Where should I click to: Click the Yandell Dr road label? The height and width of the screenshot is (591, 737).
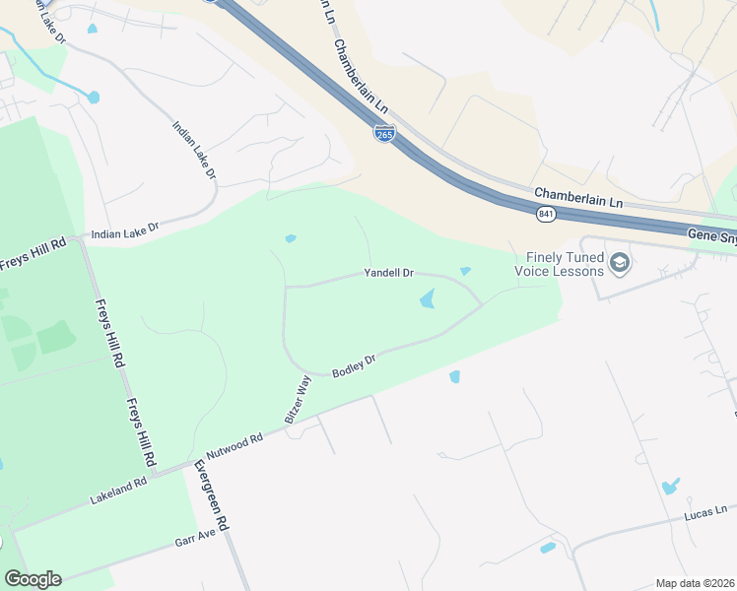pyautogui.click(x=389, y=272)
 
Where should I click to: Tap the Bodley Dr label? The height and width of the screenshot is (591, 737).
pyautogui.click(x=355, y=367)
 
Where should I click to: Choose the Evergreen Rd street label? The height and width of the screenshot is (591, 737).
pyautogui.click(x=211, y=496)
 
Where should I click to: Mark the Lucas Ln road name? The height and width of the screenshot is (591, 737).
pyautogui.click(x=705, y=512)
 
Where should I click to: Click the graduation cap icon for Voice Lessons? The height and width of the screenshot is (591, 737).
pyautogui.click(x=620, y=263)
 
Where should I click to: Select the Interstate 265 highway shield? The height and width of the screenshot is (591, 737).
pyautogui.click(x=385, y=134)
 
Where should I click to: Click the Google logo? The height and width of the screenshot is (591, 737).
pyautogui.click(x=33, y=578)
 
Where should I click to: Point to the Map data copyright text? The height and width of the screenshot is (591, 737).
pyautogui.click(x=694, y=583)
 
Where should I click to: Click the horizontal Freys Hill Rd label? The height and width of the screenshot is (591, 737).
pyautogui.click(x=33, y=242)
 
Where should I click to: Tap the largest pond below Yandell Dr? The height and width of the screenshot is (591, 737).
pyautogui.click(x=428, y=298)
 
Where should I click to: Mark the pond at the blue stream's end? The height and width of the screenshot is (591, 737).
pyautogui.click(x=94, y=97)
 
